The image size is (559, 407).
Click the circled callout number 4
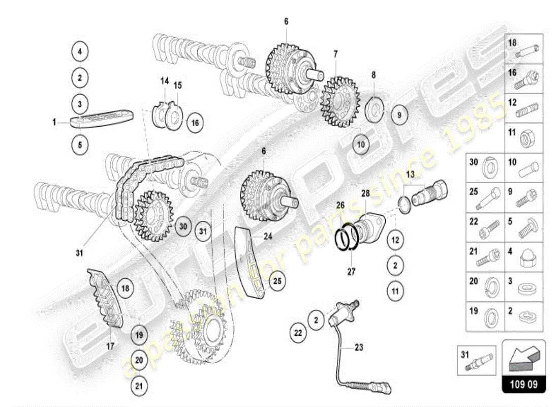[x=80, y=51]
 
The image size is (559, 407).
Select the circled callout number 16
[x=196, y=123]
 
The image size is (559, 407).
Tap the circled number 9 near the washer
[x=399, y=115]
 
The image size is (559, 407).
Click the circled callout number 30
[x=184, y=226]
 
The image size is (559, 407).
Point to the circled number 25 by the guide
[x=277, y=281]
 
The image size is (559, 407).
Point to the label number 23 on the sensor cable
[x=359, y=348]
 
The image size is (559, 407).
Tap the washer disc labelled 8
[x=377, y=108]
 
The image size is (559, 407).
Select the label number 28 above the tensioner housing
[x=365, y=193]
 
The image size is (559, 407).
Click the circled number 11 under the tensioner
[x=396, y=292]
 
